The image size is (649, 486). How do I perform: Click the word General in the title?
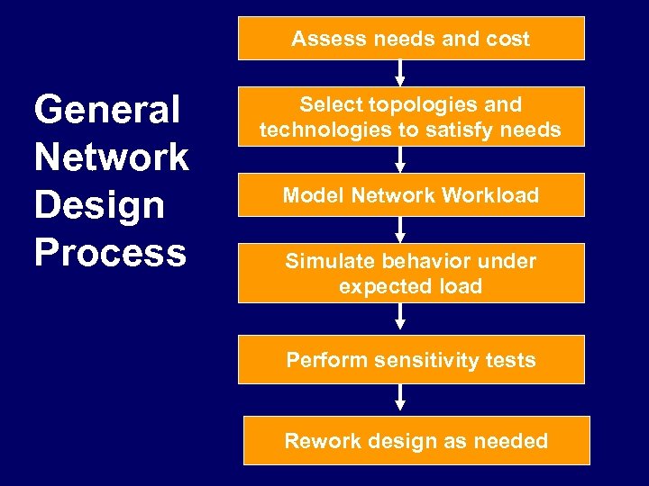107,111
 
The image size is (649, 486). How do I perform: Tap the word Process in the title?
110,253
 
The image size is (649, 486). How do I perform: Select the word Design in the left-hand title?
99,205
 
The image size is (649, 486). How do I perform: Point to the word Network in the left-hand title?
111,157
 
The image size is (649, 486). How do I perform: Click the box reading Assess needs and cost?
411,39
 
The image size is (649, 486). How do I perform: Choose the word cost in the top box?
507,40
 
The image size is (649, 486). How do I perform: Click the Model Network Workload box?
411,195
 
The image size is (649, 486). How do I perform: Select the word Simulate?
328,261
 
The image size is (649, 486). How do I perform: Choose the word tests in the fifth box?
511,360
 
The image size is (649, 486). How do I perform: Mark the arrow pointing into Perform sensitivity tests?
400,319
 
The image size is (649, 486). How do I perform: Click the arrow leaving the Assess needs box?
400,73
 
